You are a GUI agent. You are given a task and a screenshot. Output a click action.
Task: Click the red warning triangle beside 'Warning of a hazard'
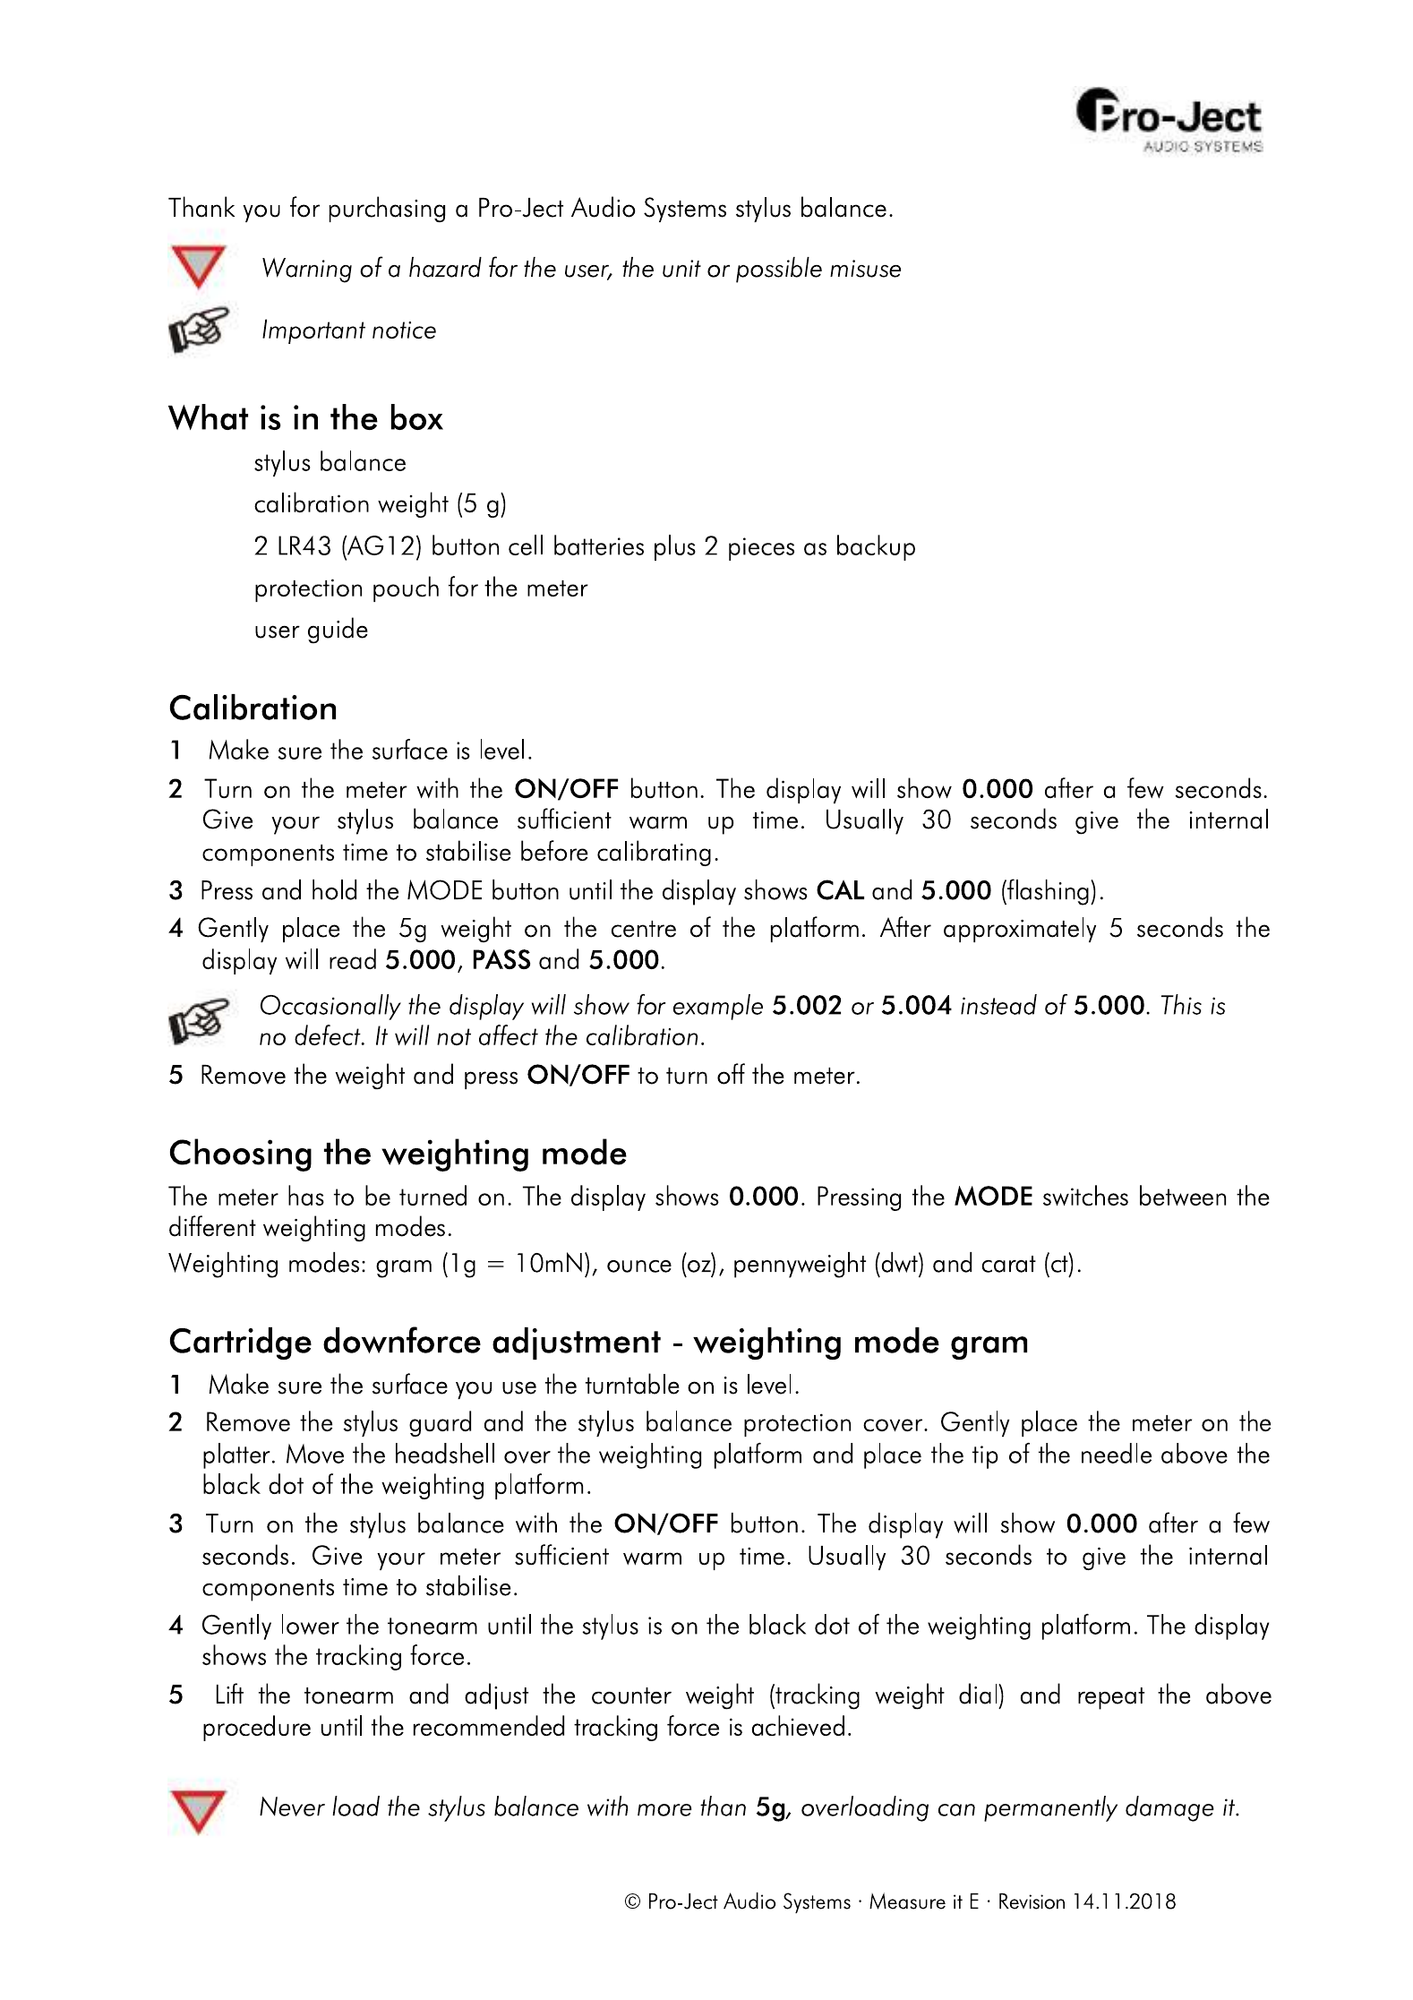pyautogui.click(x=198, y=267)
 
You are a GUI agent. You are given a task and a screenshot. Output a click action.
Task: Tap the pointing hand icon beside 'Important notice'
pyautogui.click(x=198, y=330)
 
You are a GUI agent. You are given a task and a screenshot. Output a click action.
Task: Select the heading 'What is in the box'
pyautogui.click(x=305, y=418)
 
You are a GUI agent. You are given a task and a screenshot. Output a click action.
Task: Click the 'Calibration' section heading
pyautogui.click(x=253, y=708)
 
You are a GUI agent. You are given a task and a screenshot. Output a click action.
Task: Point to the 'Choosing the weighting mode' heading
pyautogui.click(x=398, y=1153)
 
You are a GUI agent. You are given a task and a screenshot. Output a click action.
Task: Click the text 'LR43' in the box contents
pyautogui.click(x=304, y=546)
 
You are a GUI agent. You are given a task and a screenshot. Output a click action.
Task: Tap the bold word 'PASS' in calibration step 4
pyautogui.click(x=501, y=960)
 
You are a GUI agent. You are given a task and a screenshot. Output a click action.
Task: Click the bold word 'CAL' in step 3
pyautogui.click(x=840, y=891)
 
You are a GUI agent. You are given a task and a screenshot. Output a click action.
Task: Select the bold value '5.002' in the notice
pyautogui.click(x=807, y=1006)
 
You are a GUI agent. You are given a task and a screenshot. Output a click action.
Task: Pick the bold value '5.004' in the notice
pyautogui.click(x=916, y=1006)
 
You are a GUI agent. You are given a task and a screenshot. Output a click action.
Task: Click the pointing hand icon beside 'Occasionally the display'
pyautogui.click(x=198, y=1021)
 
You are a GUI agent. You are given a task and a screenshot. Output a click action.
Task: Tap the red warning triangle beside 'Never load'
pyautogui.click(x=198, y=1811)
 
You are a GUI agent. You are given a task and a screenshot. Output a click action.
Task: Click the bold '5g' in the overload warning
pyautogui.click(x=771, y=1807)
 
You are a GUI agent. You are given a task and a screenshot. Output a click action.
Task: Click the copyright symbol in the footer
pyautogui.click(x=632, y=1901)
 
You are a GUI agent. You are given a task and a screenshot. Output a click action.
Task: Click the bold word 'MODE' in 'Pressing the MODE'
pyautogui.click(x=993, y=1197)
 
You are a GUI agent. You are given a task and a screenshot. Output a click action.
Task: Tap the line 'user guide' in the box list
pyautogui.click(x=311, y=630)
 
